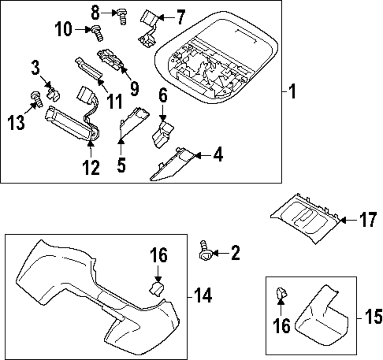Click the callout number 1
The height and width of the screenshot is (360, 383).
pos(292,92)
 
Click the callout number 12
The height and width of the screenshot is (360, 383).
pos(91,168)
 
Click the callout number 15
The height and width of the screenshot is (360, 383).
pos(372,317)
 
